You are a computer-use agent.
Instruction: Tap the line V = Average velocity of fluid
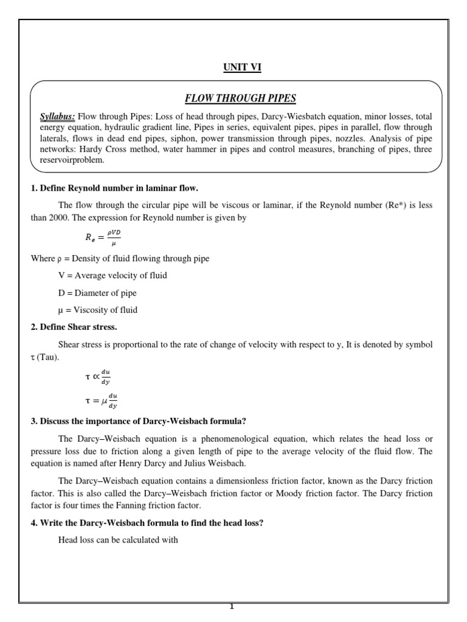point(112,275)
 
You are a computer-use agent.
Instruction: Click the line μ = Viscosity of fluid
point(98,310)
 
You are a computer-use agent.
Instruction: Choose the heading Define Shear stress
point(74,327)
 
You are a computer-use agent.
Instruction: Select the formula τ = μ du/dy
point(100,401)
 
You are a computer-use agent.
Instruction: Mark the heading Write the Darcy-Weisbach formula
point(147,521)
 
